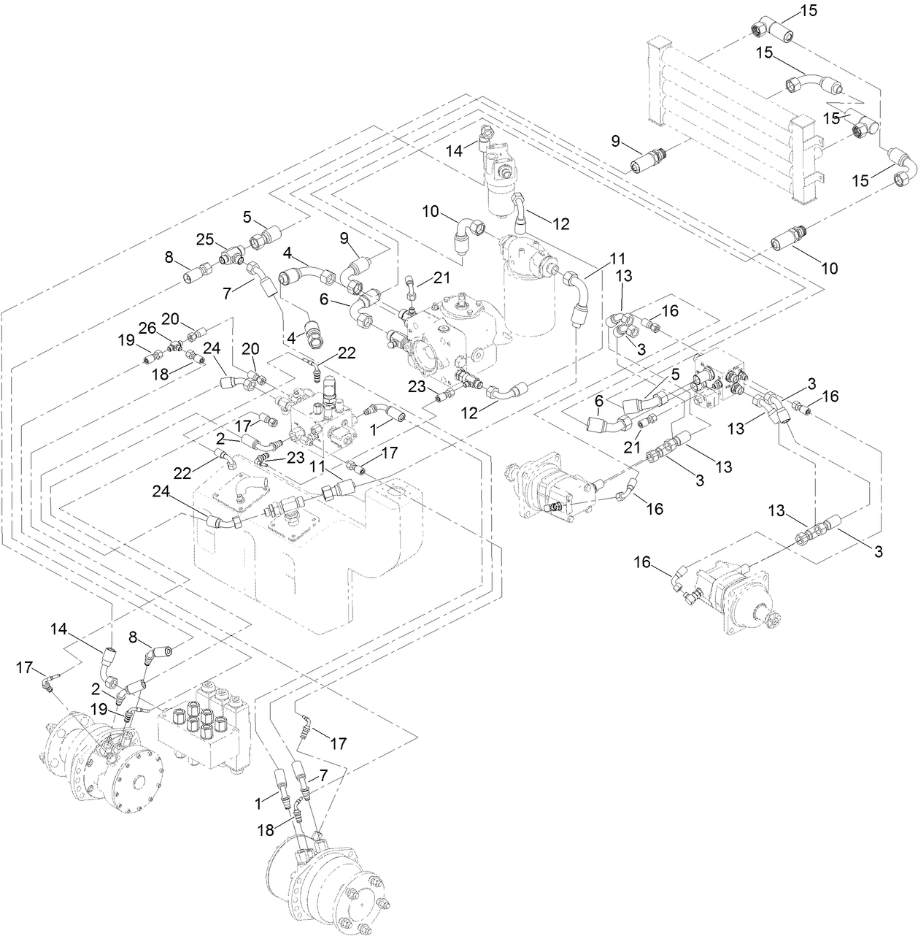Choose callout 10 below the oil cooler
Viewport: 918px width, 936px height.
830,268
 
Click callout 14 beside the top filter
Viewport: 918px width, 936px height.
455,151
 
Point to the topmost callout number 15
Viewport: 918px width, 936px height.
808,10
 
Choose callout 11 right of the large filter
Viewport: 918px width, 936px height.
618,258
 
